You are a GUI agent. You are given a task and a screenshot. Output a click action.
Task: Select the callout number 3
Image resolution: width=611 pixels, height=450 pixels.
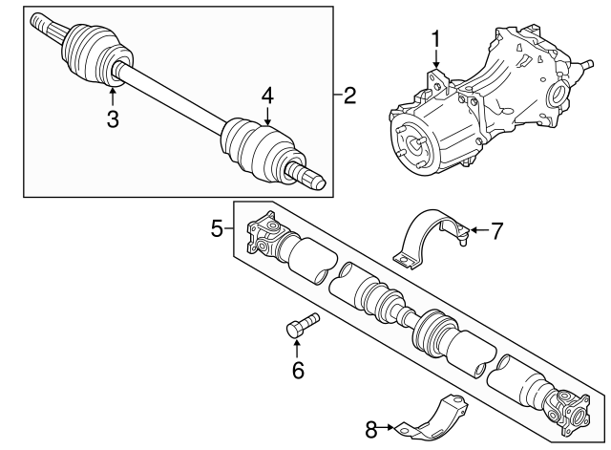(x=113, y=118)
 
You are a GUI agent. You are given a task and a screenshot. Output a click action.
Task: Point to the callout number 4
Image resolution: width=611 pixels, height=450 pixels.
(x=268, y=96)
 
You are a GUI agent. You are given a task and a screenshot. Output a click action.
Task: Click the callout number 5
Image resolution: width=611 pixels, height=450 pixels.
(x=217, y=228)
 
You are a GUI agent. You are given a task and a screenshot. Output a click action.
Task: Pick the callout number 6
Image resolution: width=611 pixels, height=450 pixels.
(x=297, y=369)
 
